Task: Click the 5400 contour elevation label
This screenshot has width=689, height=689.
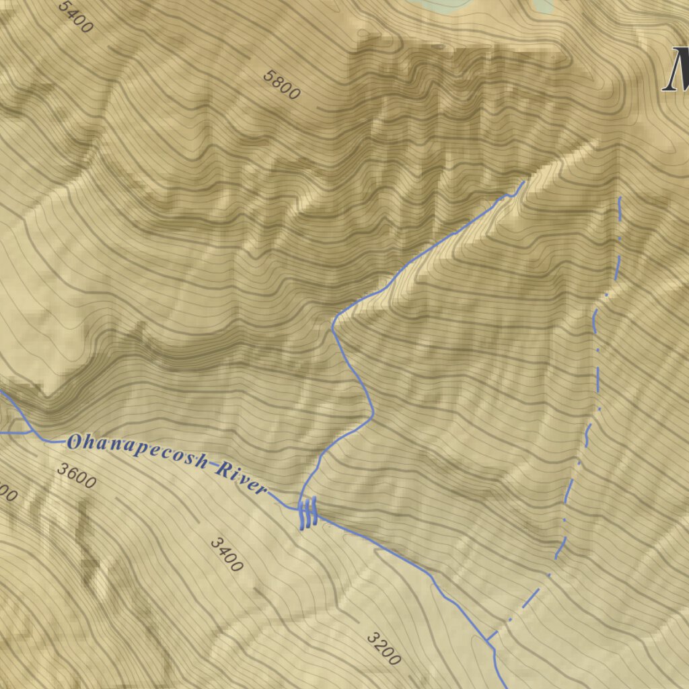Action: point(75,16)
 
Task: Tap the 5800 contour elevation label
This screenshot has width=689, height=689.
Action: point(281,85)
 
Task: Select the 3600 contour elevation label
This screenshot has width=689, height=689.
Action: point(76,476)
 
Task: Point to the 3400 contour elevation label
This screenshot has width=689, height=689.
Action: point(226,554)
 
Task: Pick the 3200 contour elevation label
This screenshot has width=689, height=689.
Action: point(384,649)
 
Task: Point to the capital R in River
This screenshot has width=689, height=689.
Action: point(221,470)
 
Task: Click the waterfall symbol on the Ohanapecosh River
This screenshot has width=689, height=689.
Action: point(307,513)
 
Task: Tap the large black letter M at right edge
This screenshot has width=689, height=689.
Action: point(676,71)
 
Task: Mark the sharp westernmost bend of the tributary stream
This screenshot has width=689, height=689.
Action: point(332,328)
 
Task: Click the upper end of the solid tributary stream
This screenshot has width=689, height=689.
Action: point(524,181)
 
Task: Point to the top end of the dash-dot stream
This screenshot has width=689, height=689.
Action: point(619,198)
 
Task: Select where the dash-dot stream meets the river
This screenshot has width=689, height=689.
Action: point(487,639)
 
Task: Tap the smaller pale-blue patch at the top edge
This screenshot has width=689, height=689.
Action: point(542,5)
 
